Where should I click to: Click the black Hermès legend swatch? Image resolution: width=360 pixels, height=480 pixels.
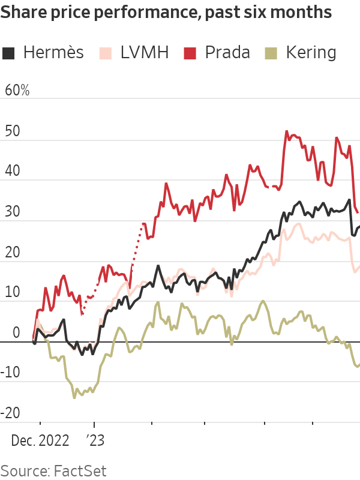pyautogui.click(x=9, y=53)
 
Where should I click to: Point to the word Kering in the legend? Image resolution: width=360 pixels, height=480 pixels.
pyautogui.click(x=311, y=53)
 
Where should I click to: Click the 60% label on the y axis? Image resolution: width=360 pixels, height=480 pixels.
pyautogui.click(x=17, y=91)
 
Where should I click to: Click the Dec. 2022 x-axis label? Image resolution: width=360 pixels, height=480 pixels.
pyautogui.click(x=40, y=440)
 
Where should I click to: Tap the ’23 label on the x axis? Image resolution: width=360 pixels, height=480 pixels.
pyautogui.click(x=95, y=440)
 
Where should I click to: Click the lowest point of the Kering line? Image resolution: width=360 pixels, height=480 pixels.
pyautogui.click(x=74, y=397)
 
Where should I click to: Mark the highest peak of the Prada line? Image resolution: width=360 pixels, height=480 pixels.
pyautogui.click(x=287, y=131)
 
